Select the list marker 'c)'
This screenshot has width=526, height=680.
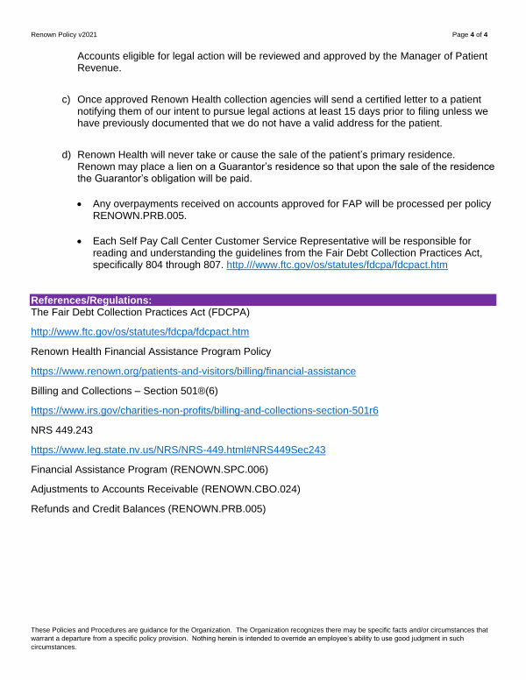tap(66, 99)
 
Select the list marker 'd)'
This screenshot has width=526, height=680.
tap(66, 154)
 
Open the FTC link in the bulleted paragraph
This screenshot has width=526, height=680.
tap(337, 265)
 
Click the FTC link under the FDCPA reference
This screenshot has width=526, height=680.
tap(140, 332)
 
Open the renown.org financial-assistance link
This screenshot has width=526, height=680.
tap(193, 372)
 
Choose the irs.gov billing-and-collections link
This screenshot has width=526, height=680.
tap(204, 410)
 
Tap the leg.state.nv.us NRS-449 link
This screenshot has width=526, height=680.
tap(178, 450)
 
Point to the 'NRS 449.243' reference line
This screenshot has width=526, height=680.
tap(61, 430)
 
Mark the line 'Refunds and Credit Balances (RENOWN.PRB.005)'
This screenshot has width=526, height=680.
tap(148, 508)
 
